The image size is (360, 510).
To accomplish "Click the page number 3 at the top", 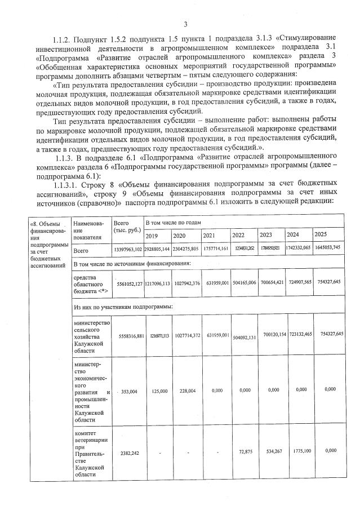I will click(x=185, y=24).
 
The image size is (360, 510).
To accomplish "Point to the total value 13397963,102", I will click(x=127, y=250).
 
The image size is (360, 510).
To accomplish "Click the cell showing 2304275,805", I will click(x=186, y=249).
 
